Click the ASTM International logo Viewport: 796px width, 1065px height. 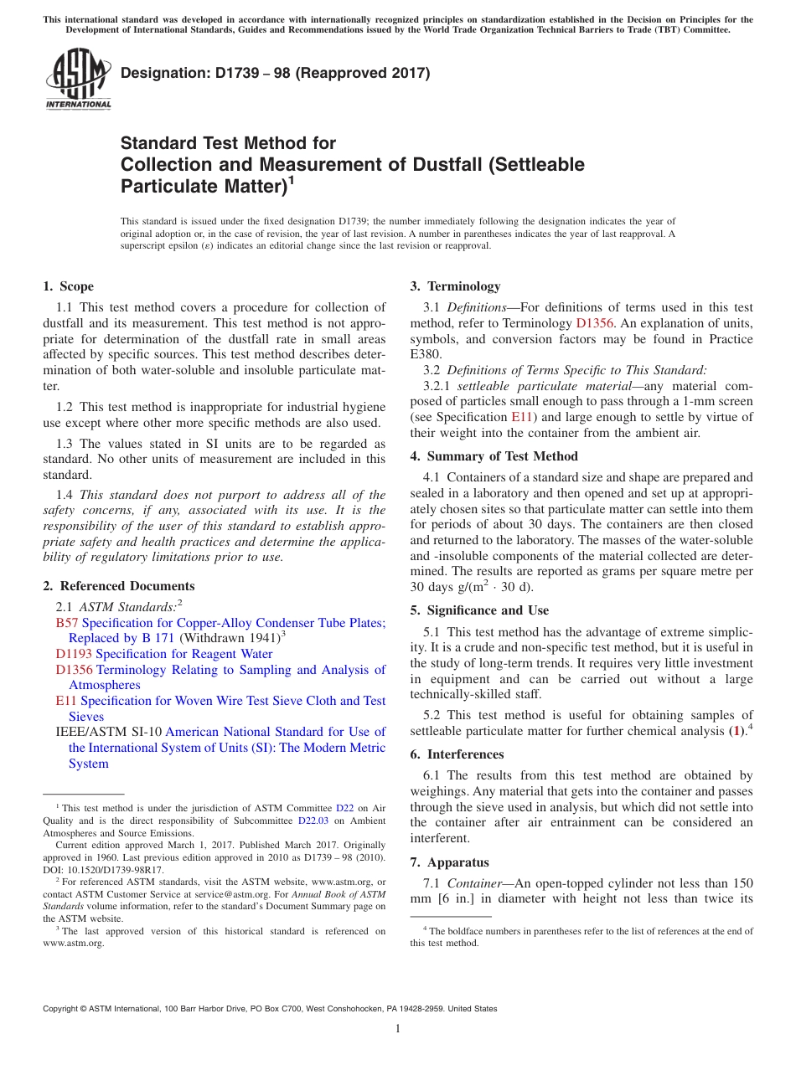coord(77,80)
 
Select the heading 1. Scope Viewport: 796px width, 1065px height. coord(69,286)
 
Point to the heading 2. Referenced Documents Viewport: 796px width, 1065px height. coord(119,586)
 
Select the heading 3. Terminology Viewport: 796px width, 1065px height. coord(455,286)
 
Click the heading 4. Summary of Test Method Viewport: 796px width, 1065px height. coord(494,456)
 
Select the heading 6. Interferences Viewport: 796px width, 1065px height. coord(457,754)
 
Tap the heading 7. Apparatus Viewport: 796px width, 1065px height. coord(449,862)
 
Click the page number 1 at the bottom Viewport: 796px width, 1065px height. coord(398,1029)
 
